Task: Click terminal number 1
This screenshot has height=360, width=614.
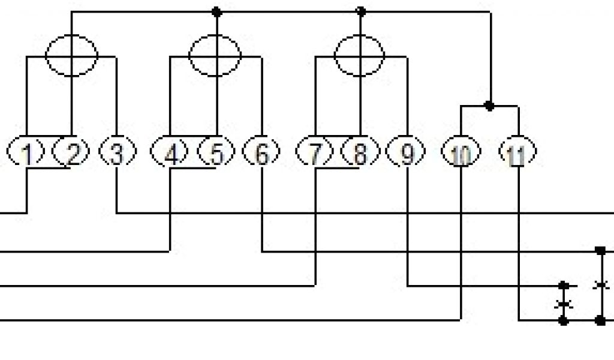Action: tap(26, 154)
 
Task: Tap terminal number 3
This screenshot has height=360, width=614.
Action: tap(116, 154)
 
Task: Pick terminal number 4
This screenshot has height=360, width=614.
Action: tap(171, 154)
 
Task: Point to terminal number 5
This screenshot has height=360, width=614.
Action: tap(216, 154)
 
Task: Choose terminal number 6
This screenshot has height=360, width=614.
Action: tap(261, 154)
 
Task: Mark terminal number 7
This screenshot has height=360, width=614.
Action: tap(315, 154)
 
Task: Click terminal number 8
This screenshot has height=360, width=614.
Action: tap(360, 154)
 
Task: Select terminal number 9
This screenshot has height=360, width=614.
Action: tap(407, 154)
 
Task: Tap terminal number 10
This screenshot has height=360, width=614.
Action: tap(460, 154)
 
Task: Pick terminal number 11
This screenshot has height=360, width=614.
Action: tap(517, 154)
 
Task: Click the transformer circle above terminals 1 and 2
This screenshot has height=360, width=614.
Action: tap(72, 55)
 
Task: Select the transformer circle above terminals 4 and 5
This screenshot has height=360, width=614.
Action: tap(215, 55)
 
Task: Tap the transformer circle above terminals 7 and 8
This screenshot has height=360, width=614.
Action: tap(359, 55)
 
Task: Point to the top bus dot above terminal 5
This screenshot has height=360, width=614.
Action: tap(216, 11)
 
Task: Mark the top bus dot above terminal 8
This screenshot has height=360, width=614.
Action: tap(360, 11)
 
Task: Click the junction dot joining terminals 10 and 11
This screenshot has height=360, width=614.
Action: tap(489, 106)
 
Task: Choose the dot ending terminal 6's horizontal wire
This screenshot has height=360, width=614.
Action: tap(600, 250)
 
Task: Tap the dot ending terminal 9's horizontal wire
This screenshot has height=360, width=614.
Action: tap(564, 286)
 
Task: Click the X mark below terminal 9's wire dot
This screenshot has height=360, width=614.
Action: tap(564, 303)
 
